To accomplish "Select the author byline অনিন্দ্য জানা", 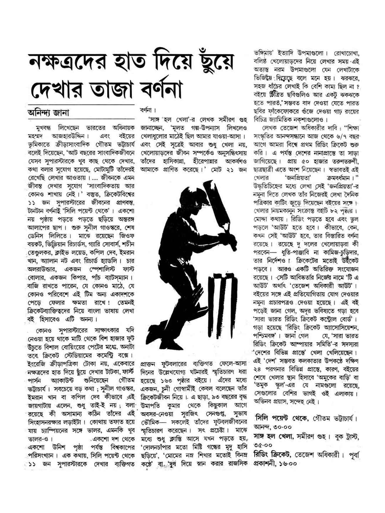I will tap(48, 113).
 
